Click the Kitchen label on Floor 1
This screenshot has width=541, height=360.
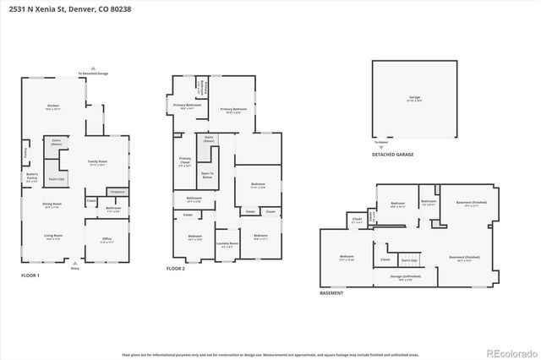tap(52, 107)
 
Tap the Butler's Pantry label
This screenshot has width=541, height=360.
tap(33, 177)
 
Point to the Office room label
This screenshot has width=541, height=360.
tap(107, 240)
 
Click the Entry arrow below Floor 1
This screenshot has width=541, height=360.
tap(75, 265)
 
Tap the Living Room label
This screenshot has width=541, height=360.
tap(53, 237)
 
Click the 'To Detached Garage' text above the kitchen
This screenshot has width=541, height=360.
tap(93, 74)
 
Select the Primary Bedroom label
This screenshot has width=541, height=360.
tap(233, 110)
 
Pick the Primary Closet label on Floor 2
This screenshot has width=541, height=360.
tap(185, 164)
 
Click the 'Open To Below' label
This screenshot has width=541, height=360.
tap(207, 176)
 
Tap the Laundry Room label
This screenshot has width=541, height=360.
tap(227, 246)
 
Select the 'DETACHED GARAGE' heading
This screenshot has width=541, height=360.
tap(393, 155)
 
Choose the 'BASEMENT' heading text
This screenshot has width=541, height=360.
tap(331, 293)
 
